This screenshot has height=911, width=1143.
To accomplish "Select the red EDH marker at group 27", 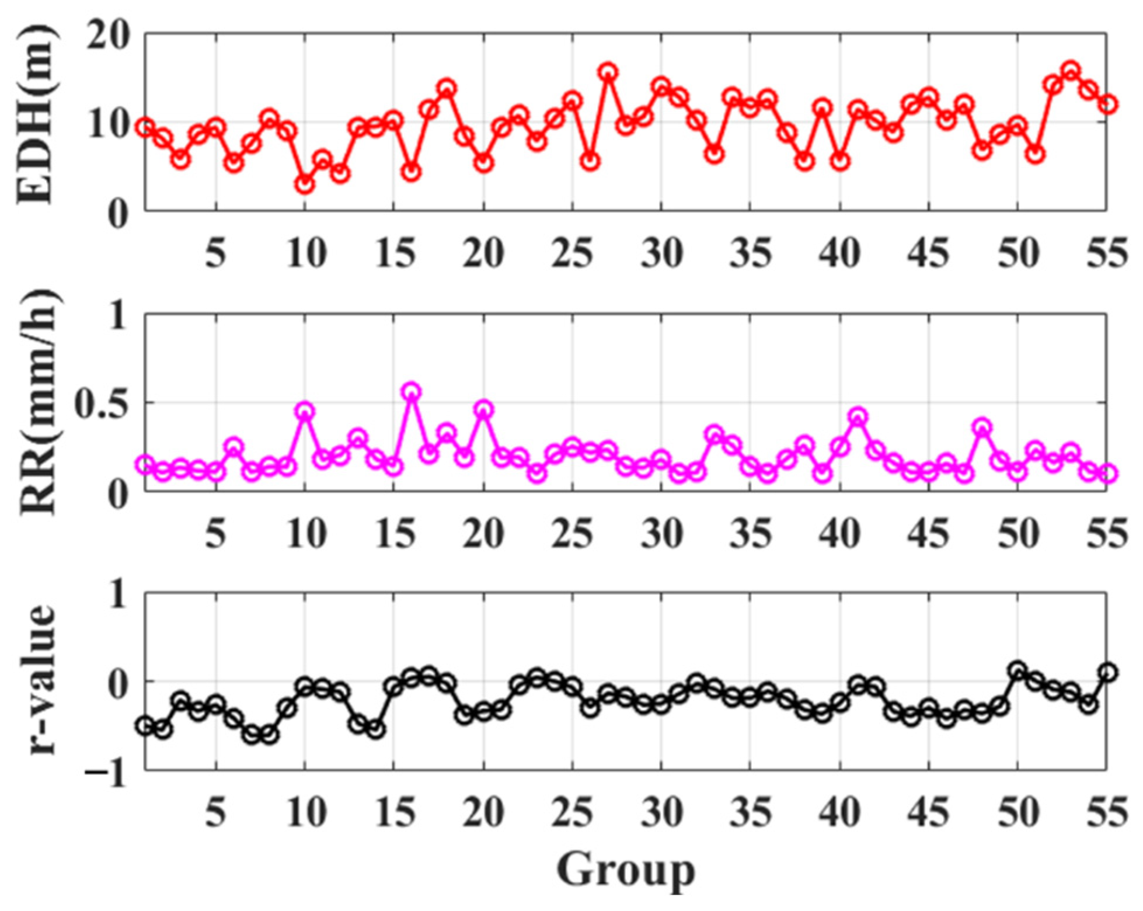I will (x=608, y=73).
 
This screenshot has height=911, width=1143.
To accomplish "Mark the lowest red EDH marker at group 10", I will (x=305, y=185).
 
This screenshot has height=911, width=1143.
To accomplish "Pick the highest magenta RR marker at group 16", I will (x=412, y=392).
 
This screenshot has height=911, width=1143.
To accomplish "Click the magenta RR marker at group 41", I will (x=858, y=417).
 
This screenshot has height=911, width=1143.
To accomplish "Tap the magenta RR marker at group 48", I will (x=982, y=427).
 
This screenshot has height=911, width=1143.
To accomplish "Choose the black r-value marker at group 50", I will (x=1018, y=670).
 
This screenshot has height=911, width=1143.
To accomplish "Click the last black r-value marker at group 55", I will (x=1107, y=673).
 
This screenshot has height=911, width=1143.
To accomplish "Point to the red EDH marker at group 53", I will (x=1071, y=71).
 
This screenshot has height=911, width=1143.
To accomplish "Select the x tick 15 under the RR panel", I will (x=394, y=533).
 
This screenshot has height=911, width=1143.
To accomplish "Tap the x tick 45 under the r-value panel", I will (x=929, y=812).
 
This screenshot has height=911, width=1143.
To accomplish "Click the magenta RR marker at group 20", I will (x=483, y=409).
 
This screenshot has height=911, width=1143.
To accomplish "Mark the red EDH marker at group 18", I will (x=447, y=89).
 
